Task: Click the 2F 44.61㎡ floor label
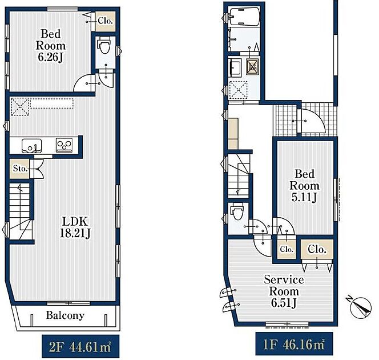tap(80, 347)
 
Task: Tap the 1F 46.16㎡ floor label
tap(294, 344)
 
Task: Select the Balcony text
tap(65, 315)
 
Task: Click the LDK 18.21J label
tap(75, 227)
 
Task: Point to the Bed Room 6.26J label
tap(51, 46)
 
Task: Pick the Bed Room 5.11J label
tap(305, 186)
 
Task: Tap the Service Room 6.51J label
tap(284, 291)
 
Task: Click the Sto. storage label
tap(20, 169)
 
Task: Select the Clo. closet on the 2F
tap(105, 21)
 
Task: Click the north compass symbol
tap(360, 307)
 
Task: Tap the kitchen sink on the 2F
tap(31, 146)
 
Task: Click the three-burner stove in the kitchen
tap(64, 145)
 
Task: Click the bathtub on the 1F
tap(245, 17)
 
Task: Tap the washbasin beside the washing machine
tap(235, 68)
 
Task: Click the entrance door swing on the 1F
tap(313, 121)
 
